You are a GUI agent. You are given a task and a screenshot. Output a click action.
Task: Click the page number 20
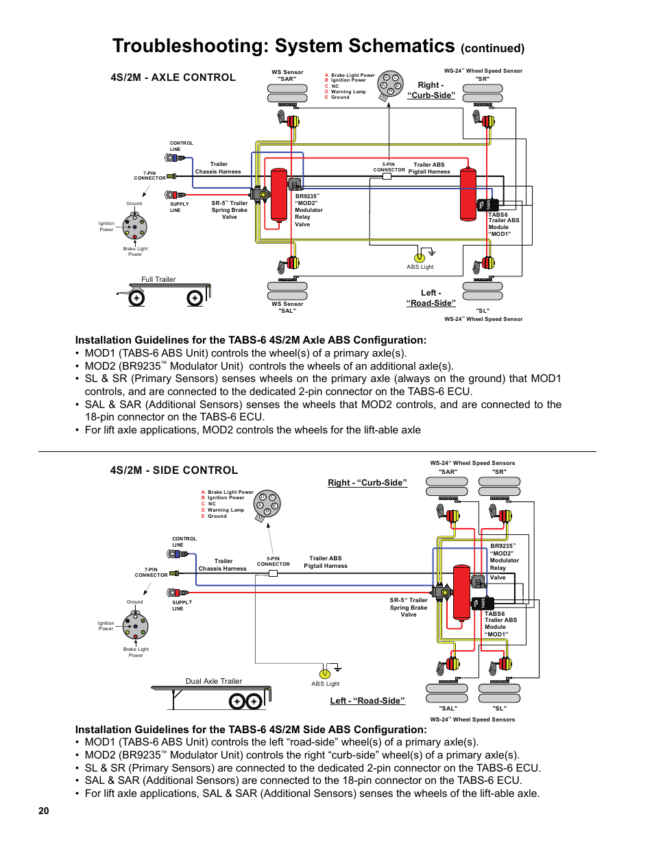[x=44, y=811]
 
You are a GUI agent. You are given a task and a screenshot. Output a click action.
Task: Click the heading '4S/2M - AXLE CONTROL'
[x=173, y=77]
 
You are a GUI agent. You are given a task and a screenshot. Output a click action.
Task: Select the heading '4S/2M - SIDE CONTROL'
[x=173, y=470]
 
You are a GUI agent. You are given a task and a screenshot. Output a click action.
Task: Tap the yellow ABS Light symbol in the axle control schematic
[x=420, y=258]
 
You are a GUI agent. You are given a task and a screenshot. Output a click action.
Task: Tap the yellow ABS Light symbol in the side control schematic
[x=325, y=674]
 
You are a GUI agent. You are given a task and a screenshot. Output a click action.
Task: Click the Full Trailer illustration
[x=165, y=293]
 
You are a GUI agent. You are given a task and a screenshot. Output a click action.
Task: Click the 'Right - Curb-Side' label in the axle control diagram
[x=431, y=91]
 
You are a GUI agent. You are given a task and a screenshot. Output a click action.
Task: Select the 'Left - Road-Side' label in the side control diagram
[x=367, y=701]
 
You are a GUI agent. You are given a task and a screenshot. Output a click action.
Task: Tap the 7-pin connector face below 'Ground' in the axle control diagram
[x=134, y=225]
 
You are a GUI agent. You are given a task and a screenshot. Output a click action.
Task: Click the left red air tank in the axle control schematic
[x=279, y=194]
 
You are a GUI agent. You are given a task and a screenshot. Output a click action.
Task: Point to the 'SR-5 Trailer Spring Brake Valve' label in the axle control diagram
[x=230, y=210]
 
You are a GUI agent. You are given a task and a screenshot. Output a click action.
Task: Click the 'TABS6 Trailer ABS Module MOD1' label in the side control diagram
[x=500, y=624]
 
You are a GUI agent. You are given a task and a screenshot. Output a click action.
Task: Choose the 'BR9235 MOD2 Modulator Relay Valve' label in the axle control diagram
[x=308, y=210]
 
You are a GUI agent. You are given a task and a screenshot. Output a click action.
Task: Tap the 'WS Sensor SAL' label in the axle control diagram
[x=287, y=307]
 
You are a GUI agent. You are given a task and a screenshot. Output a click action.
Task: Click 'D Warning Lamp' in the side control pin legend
[x=226, y=510]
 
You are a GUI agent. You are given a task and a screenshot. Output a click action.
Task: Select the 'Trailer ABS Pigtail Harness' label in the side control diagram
[x=326, y=562]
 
